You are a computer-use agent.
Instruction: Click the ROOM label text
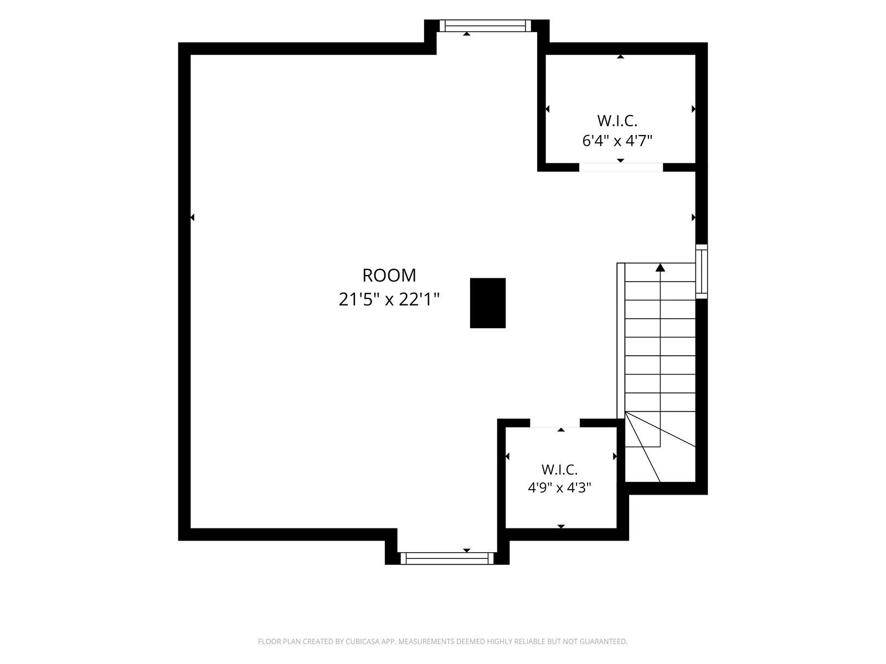(389, 276)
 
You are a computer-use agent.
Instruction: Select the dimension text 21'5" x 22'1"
(389, 299)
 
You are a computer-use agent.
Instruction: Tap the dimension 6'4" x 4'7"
(617, 141)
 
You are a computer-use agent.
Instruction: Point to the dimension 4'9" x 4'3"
(559, 488)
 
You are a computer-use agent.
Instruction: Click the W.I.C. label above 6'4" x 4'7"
(617, 121)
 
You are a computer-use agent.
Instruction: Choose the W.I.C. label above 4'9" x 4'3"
(559, 469)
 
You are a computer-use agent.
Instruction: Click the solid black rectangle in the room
(488, 303)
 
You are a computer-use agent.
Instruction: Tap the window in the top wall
(485, 26)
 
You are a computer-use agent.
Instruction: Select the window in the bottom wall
(447, 558)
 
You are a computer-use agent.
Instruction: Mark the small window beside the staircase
(702, 271)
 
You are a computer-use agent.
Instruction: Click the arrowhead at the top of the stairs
(660, 267)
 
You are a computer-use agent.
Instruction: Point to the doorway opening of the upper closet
(621, 167)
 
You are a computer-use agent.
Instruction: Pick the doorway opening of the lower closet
(555, 423)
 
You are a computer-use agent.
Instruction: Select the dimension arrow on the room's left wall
(193, 217)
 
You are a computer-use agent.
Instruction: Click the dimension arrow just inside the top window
(467, 34)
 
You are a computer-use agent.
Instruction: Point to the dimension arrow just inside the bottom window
(467, 551)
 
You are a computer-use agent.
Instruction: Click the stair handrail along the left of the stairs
(621, 341)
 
